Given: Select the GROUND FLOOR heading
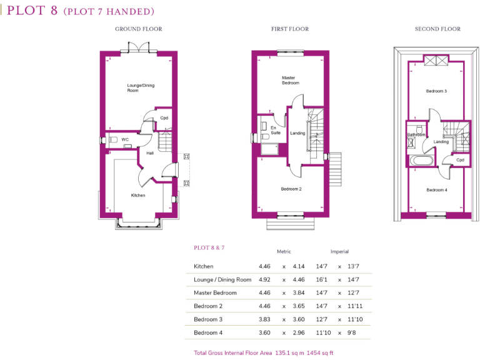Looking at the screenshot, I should pos(138,29).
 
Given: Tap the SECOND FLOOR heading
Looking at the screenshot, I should pos(437,29).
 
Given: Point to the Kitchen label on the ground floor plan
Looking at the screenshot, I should pos(138,196).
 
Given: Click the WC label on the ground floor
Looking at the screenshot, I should pos(125,139).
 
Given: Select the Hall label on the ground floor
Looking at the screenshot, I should pos(150,153).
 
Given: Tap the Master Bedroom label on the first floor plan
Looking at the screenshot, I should pos(291,81).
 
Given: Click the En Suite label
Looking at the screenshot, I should pos(275,130).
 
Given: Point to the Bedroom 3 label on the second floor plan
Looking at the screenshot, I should pos(436,91).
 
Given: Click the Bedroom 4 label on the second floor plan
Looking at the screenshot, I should pos(436,190).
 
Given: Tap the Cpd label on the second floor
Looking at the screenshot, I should pos(459,160).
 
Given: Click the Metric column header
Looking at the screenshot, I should pos(284,251).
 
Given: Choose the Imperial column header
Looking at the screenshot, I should pos(339,251).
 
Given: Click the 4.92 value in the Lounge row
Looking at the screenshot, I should pos(265,279).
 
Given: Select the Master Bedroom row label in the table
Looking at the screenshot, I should pos(215,292).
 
